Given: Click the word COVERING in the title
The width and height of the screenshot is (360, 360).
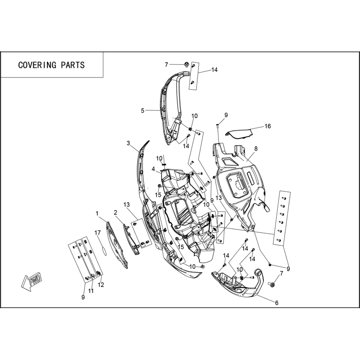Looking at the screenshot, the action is tap(37, 65).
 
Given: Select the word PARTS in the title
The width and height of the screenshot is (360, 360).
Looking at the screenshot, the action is tap(73, 65).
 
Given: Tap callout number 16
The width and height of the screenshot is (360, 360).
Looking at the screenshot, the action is tap(268, 126).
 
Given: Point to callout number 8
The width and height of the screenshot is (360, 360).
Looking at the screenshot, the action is tap(256, 149).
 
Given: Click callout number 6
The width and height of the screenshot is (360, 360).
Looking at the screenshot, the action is tap(277, 303).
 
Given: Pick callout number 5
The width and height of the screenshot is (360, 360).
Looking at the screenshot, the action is tap(142, 111).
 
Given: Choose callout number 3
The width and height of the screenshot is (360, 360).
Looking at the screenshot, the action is tap(128, 143).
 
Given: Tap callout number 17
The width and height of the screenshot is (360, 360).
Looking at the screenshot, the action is tap(97, 233).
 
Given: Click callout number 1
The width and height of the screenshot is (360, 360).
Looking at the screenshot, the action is tap(97, 214).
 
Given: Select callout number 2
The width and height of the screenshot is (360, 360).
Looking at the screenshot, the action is tap(115, 213).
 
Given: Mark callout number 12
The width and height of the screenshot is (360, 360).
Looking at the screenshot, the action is tap(101, 285).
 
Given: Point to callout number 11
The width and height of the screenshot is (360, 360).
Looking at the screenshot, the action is tap(91, 291).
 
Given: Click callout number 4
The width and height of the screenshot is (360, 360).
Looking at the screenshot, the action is tap(153, 169).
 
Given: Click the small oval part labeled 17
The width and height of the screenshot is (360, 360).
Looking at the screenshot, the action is tap(104, 251).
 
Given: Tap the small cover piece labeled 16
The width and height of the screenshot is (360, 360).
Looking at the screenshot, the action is tap(239, 133).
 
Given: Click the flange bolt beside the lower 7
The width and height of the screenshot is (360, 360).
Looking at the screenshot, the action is tap(272, 284).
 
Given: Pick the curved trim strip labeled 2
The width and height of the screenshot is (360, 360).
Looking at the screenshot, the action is tap(132, 239).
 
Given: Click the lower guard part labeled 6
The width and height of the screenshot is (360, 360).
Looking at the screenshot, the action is tap(237, 284).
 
